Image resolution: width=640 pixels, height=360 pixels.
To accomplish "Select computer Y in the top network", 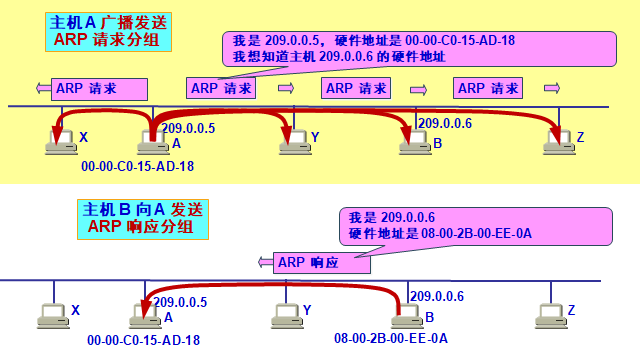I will click(291, 142).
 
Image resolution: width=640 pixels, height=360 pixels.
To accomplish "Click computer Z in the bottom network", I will click(549, 315).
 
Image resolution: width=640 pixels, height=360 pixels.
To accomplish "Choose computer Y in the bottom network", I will click(286, 315).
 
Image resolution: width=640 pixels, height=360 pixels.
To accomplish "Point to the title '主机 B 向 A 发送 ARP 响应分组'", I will click(143, 219).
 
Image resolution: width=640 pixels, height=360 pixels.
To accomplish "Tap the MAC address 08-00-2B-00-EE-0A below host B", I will click(391, 339).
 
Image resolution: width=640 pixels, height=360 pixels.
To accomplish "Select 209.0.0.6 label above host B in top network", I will click(444, 123).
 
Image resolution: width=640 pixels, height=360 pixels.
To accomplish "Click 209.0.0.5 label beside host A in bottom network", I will click(180, 300).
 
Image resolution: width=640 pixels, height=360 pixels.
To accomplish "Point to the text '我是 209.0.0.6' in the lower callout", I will click(392, 217).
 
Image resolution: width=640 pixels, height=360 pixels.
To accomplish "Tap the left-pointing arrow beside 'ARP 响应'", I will click(266, 263).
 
